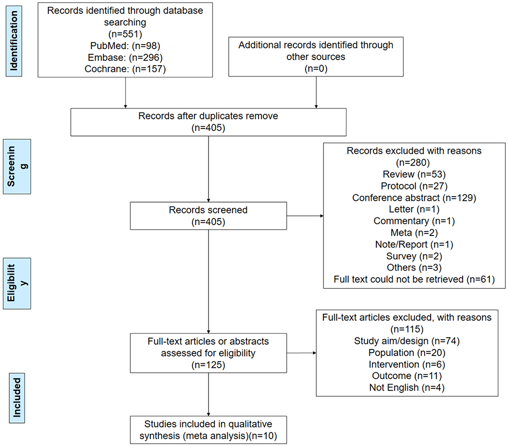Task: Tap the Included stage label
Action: [x=17, y=401]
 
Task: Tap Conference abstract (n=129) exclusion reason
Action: [x=414, y=197]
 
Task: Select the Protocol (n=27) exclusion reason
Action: [x=414, y=186]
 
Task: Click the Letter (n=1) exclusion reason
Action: [x=414, y=209]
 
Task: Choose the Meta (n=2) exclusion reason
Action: [x=414, y=233]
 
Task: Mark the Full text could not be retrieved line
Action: [x=414, y=280]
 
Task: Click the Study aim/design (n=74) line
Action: [x=406, y=341]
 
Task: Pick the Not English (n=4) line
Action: [x=406, y=388]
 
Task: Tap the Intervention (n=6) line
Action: [x=406, y=364]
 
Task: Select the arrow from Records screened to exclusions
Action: [x=305, y=216]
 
